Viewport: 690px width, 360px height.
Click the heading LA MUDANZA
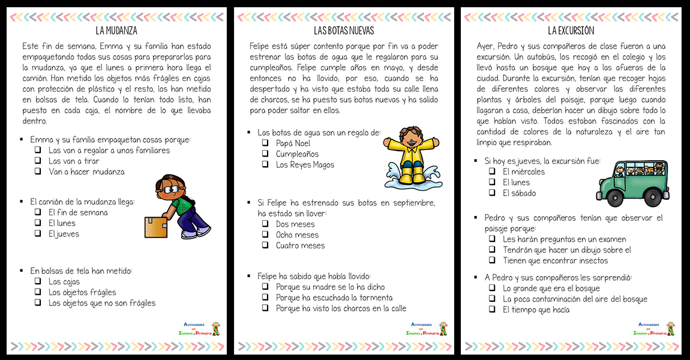click(x=116, y=31)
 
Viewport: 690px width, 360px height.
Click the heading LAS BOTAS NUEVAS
click(x=344, y=31)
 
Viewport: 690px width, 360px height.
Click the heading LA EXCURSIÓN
click(x=571, y=31)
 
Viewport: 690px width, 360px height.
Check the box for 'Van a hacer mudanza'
click(x=38, y=172)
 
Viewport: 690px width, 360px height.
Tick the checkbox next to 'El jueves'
click(x=38, y=234)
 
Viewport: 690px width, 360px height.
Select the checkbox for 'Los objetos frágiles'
click(x=38, y=292)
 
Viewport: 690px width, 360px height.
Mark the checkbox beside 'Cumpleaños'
click(x=265, y=154)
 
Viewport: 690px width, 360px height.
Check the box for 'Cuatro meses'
click(x=265, y=245)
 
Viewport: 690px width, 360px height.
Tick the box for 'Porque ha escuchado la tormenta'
click(x=265, y=298)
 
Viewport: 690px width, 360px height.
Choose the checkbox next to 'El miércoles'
click(x=492, y=172)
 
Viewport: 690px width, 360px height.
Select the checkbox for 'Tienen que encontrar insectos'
click(x=492, y=260)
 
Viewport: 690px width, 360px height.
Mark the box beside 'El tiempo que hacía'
click(x=492, y=310)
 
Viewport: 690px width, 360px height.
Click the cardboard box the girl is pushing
click(x=156, y=227)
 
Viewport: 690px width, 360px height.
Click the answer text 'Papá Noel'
click(x=293, y=143)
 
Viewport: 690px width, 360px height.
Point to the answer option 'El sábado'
click(x=520, y=193)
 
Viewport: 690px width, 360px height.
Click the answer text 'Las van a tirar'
click(x=74, y=161)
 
